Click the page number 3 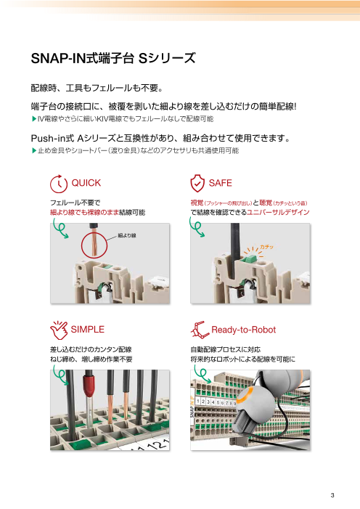pos(331,496)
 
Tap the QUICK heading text pos(86,182)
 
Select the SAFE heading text pos(220,182)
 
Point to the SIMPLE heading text pos(89,328)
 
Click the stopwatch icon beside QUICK pos(58,182)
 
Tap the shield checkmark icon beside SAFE pos(197,182)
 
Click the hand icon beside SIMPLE pos(57,329)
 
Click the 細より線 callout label pos(127,235)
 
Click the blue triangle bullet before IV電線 pos(33,118)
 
